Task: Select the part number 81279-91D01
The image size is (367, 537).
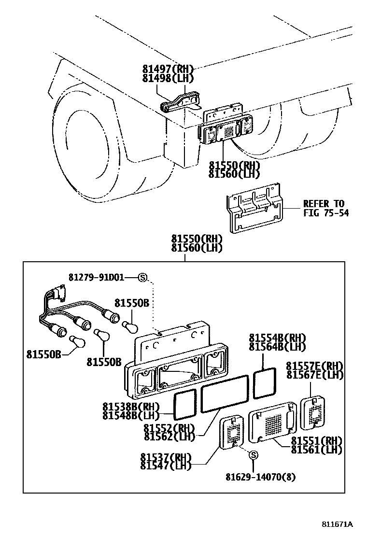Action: (x=96, y=277)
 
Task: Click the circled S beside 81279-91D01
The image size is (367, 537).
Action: (x=142, y=277)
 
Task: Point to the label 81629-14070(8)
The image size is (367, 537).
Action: (x=260, y=477)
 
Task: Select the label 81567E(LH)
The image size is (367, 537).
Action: (x=314, y=375)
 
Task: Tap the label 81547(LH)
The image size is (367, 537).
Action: (x=166, y=465)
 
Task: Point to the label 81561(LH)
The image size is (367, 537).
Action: (x=316, y=449)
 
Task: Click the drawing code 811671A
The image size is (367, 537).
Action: (x=338, y=524)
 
